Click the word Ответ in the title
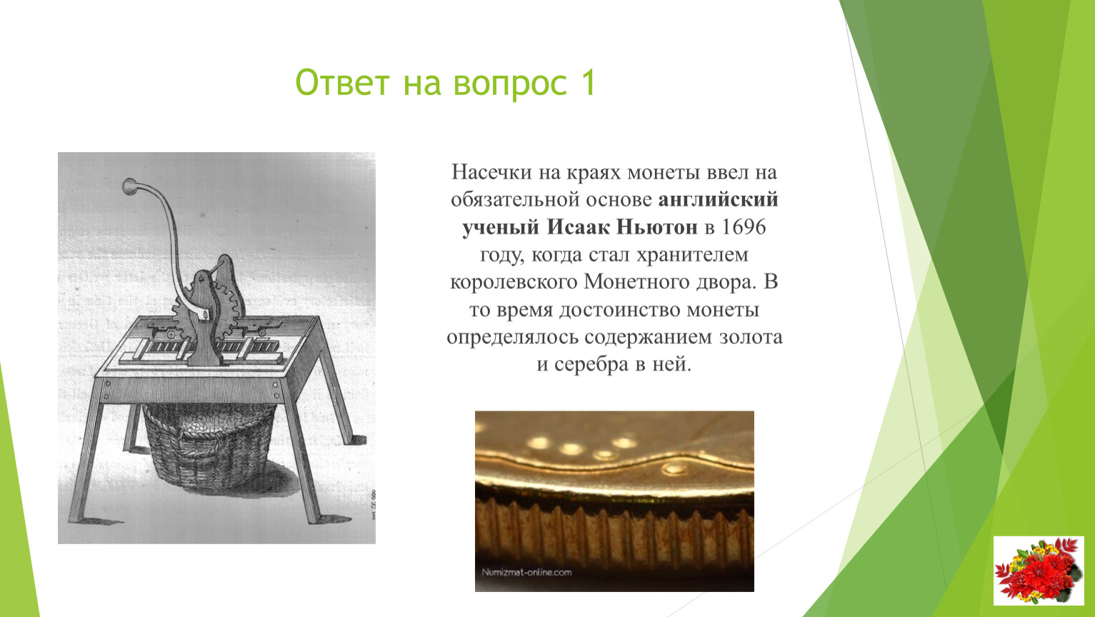click(x=342, y=82)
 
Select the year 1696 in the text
click(x=744, y=227)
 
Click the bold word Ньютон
click(x=657, y=227)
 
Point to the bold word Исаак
click(x=579, y=227)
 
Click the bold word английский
click(x=719, y=200)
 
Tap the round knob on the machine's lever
click(x=129, y=186)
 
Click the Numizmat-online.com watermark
click(x=526, y=573)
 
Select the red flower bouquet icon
click(x=1039, y=571)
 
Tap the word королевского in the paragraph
click(x=514, y=283)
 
